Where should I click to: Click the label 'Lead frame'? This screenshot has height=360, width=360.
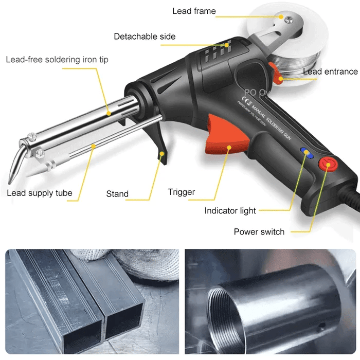coord(194,11)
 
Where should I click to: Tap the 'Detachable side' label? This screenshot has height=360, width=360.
coord(145,37)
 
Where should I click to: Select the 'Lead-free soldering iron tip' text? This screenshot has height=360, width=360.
coord(57,60)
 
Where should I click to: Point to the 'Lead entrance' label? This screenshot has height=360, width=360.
coord(330,71)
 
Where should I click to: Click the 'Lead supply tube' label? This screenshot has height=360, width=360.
coord(40,193)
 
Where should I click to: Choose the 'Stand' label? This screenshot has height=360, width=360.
coord(117,194)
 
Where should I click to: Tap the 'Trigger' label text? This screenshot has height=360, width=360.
coord(182,192)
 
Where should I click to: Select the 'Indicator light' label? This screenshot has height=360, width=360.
coord(230,211)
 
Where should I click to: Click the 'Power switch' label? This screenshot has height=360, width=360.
coord(259,232)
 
